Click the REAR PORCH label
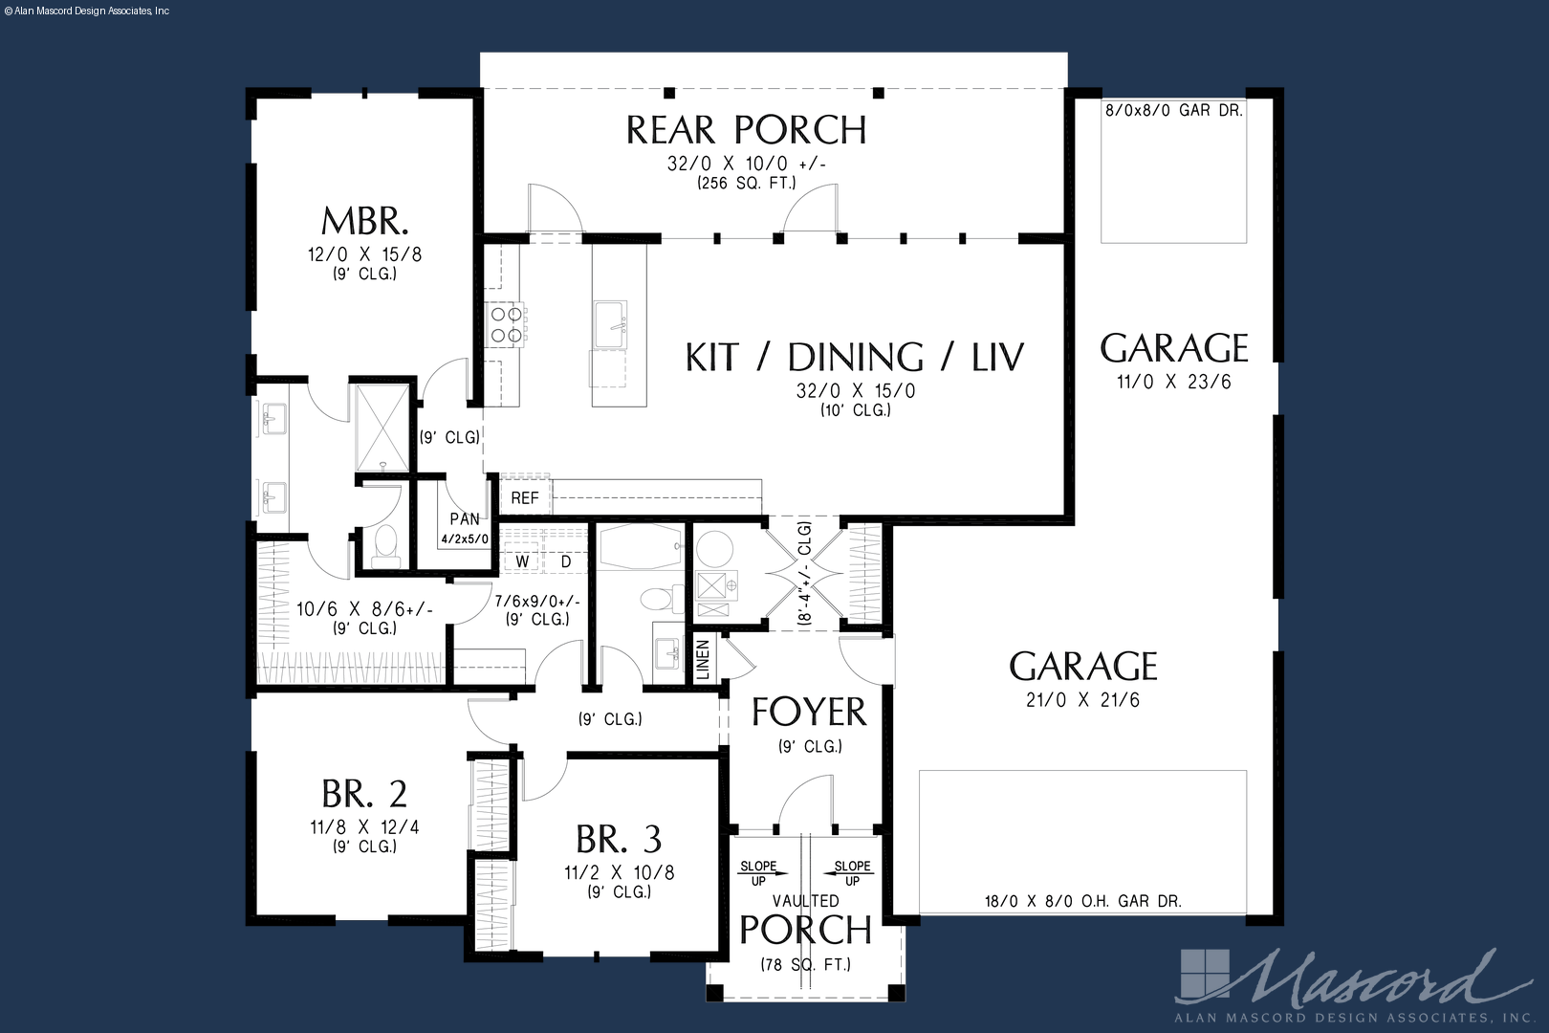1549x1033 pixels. click(x=746, y=130)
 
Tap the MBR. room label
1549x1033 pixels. click(x=365, y=221)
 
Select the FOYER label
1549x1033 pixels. click(x=808, y=712)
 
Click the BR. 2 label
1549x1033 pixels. click(x=364, y=794)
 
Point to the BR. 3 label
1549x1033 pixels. click(x=619, y=839)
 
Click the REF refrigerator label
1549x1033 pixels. click(x=525, y=498)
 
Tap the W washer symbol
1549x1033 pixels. click(x=522, y=561)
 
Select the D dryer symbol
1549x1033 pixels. click(x=566, y=561)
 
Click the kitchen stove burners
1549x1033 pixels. click(x=505, y=324)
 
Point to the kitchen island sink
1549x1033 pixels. click(x=611, y=324)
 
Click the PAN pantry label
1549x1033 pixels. click(x=465, y=519)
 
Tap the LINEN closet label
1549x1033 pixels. click(x=704, y=659)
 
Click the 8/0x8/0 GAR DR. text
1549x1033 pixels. click(x=1173, y=110)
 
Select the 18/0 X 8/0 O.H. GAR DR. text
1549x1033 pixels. click(x=1083, y=901)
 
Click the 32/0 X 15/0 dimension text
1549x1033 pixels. click(x=856, y=391)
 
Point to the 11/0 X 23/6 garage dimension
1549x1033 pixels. click(x=1173, y=382)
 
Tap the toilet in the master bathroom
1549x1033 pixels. click(x=385, y=543)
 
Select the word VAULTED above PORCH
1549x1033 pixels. click(x=806, y=901)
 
